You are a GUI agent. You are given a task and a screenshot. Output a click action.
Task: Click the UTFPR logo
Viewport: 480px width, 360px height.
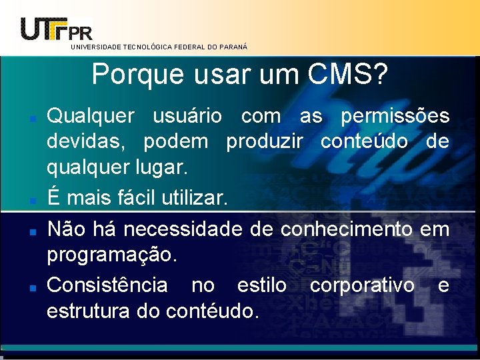tap(57, 28)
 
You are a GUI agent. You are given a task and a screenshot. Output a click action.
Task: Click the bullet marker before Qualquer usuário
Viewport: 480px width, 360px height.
tap(32, 118)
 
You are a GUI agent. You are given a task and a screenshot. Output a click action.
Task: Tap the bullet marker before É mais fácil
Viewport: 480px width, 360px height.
tap(32, 199)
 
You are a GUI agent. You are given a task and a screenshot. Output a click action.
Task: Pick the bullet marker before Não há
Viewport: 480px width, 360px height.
tap(32, 231)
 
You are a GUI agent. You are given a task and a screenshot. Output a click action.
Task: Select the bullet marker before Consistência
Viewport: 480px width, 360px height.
tap(32, 287)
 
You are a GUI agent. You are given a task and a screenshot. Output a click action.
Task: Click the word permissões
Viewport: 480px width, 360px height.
tap(395, 117)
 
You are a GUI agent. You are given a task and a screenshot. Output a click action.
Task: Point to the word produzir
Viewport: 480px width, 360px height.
tap(265, 142)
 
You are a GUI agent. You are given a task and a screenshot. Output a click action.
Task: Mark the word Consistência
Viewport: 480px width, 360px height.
tap(107, 285)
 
